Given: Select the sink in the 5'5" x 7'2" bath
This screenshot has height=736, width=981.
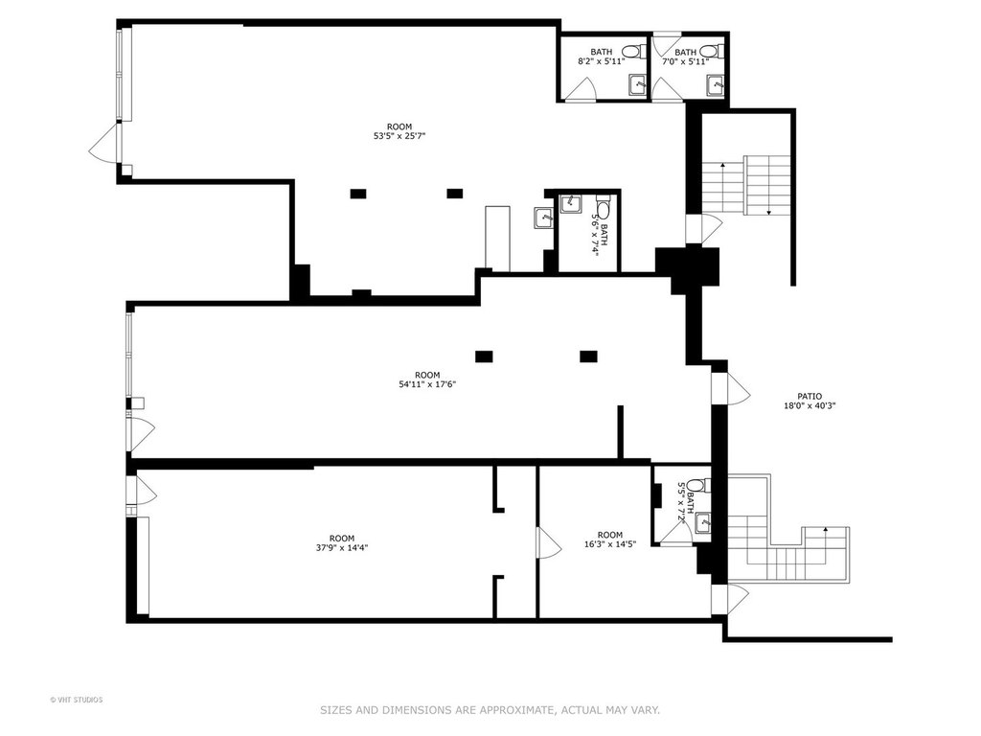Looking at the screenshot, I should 703,522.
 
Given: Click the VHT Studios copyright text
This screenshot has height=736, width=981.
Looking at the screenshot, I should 77,700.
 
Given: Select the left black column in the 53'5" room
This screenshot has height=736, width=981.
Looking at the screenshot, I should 358,194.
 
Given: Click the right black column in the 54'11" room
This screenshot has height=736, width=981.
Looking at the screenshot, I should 588,356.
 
